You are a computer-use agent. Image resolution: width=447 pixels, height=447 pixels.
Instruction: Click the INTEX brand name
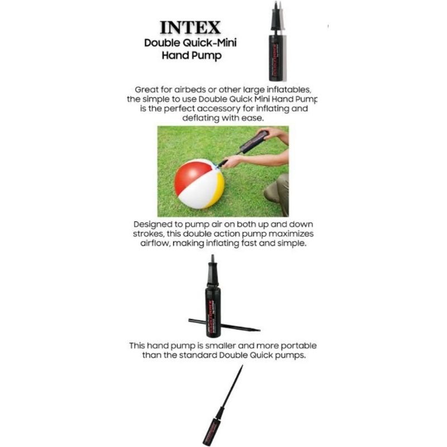(x=190, y=27)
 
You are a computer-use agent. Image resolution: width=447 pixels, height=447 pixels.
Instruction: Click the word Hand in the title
(x=174, y=55)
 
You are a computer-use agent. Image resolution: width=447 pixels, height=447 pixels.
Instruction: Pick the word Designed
(x=151, y=225)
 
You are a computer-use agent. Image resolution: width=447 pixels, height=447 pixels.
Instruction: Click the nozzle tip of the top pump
(x=276, y=3)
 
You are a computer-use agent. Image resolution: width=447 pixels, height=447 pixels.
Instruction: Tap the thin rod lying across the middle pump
(x=224, y=325)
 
